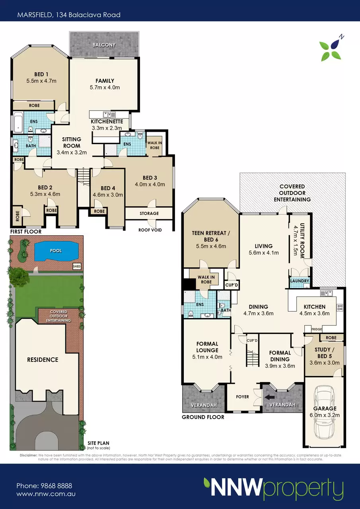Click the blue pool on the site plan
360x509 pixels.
[56, 251]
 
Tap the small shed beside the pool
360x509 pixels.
[76, 266]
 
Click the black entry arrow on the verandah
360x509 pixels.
[269, 397]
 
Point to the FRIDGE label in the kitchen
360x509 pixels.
[317, 329]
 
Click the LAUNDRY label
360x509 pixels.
[300, 281]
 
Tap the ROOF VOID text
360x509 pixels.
[150, 230]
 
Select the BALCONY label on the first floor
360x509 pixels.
[104, 45]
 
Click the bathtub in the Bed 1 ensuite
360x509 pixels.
[18, 122]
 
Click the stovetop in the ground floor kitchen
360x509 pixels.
[340, 308]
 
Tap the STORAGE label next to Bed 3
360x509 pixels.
[149, 213]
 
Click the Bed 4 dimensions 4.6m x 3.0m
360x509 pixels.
[108, 195]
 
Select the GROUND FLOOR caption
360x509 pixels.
[203, 417]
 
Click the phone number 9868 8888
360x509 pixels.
[56, 486]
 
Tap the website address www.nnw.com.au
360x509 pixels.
[46, 494]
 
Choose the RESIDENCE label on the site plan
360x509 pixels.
[43, 359]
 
